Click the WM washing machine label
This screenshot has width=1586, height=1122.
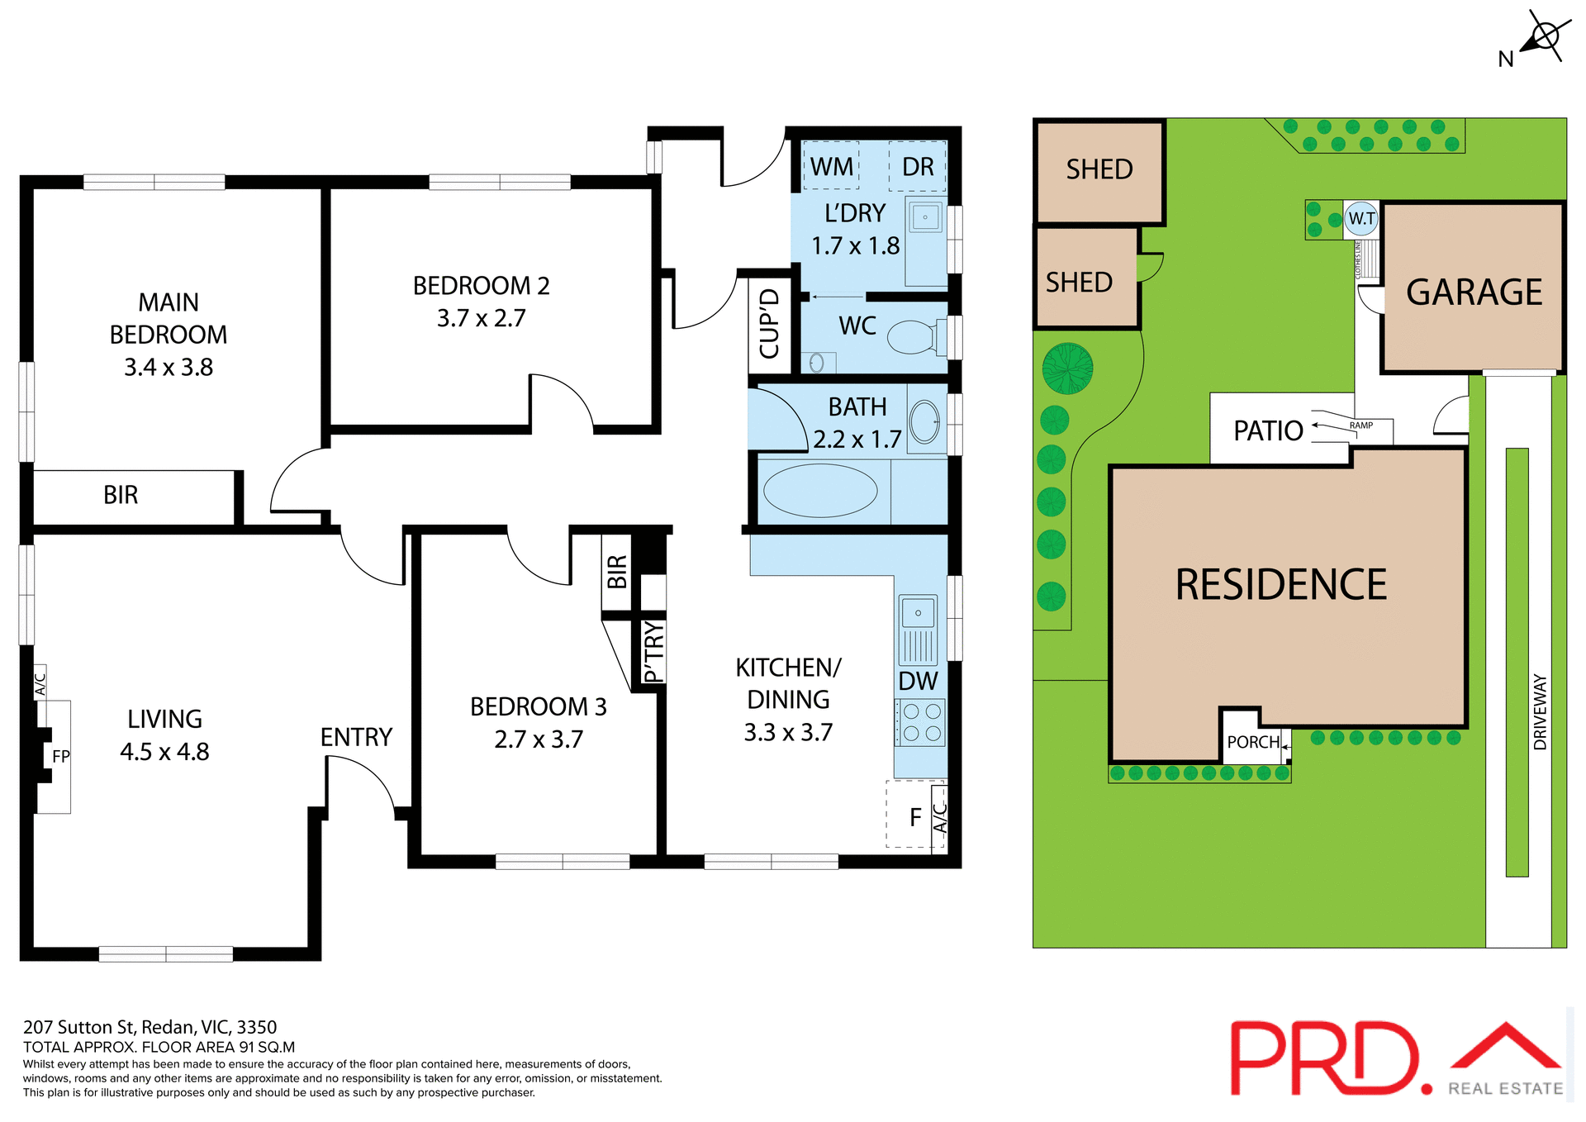click(x=831, y=167)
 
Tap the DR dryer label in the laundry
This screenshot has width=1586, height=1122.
click(x=918, y=167)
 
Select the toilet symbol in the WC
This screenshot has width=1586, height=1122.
click(x=913, y=337)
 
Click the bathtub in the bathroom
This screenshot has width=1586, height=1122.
click(x=820, y=491)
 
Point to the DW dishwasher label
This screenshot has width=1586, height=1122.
click(x=918, y=682)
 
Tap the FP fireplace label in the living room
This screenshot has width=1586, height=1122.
click(x=61, y=756)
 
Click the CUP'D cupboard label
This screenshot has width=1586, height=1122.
click(x=769, y=324)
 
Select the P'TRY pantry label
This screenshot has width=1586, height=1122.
click(x=653, y=653)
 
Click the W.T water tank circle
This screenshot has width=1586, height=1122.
click(x=1361, y=219)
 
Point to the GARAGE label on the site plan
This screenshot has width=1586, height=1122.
click(x=1474, y=292)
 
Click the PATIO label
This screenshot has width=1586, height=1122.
click(x=1268, y=430)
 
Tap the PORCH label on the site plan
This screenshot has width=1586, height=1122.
click(x=1253, y=742)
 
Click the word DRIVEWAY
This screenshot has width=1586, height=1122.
click(x=1540, y=711)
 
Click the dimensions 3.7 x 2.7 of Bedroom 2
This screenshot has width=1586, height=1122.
click(x=481, y=318)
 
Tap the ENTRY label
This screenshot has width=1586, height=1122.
click(x=356, y=737)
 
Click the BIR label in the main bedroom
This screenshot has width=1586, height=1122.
click(x=121, y=495)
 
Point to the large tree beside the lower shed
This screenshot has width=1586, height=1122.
click(x=1067, y=368)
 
